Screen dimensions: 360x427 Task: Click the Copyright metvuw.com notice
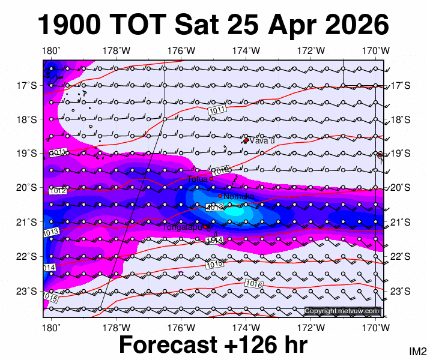point(342,311)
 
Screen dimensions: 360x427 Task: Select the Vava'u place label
point(262,141)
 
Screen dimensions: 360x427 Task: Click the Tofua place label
point(197,178)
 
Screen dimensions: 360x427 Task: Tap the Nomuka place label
point(239,196)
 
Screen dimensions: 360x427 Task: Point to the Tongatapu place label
point(183,226)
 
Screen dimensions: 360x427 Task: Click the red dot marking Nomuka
point(220,196)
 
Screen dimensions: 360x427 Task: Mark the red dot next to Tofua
point(211,178)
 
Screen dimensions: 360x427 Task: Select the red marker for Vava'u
point(246,140)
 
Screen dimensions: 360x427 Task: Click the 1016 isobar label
point(254,284)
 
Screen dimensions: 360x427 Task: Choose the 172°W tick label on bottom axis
point(311,328)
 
